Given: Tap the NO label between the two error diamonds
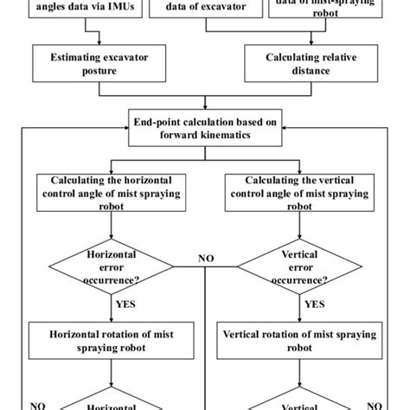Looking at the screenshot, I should coord(207,257).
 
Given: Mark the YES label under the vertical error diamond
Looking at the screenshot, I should coord(314,304).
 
